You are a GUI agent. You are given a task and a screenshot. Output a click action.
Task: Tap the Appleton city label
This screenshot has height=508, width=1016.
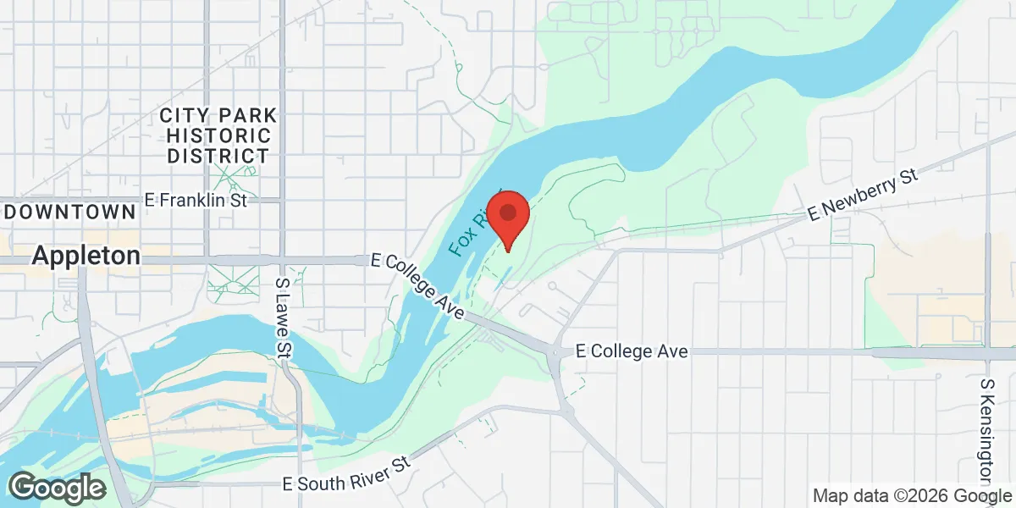coord(86,256)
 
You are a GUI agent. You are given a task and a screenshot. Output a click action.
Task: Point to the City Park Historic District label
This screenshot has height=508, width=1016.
coord(219,135)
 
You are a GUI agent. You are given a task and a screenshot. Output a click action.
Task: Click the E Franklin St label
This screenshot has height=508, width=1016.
coord(195,201)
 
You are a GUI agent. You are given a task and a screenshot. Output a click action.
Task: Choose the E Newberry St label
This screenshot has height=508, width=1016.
coord(863,194)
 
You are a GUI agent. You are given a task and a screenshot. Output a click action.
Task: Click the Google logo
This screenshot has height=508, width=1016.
coord(57,488)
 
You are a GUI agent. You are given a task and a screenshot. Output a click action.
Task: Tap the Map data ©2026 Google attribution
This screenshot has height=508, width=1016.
coord(912,495)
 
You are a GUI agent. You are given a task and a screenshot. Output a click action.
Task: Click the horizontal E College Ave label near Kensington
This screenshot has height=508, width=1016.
coord(631,351)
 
